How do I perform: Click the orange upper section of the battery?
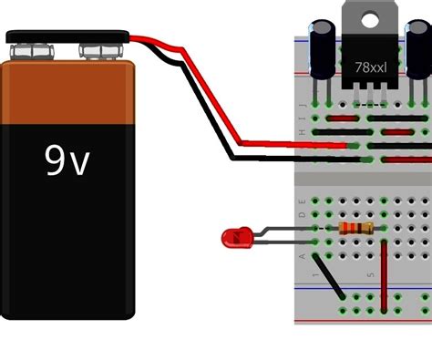click(67, 91)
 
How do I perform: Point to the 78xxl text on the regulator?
click(371, 68)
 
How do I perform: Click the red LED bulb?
click(234, 240)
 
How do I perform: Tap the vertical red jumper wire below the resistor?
click(384, 273)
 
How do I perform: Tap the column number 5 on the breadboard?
click(370, 273)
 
